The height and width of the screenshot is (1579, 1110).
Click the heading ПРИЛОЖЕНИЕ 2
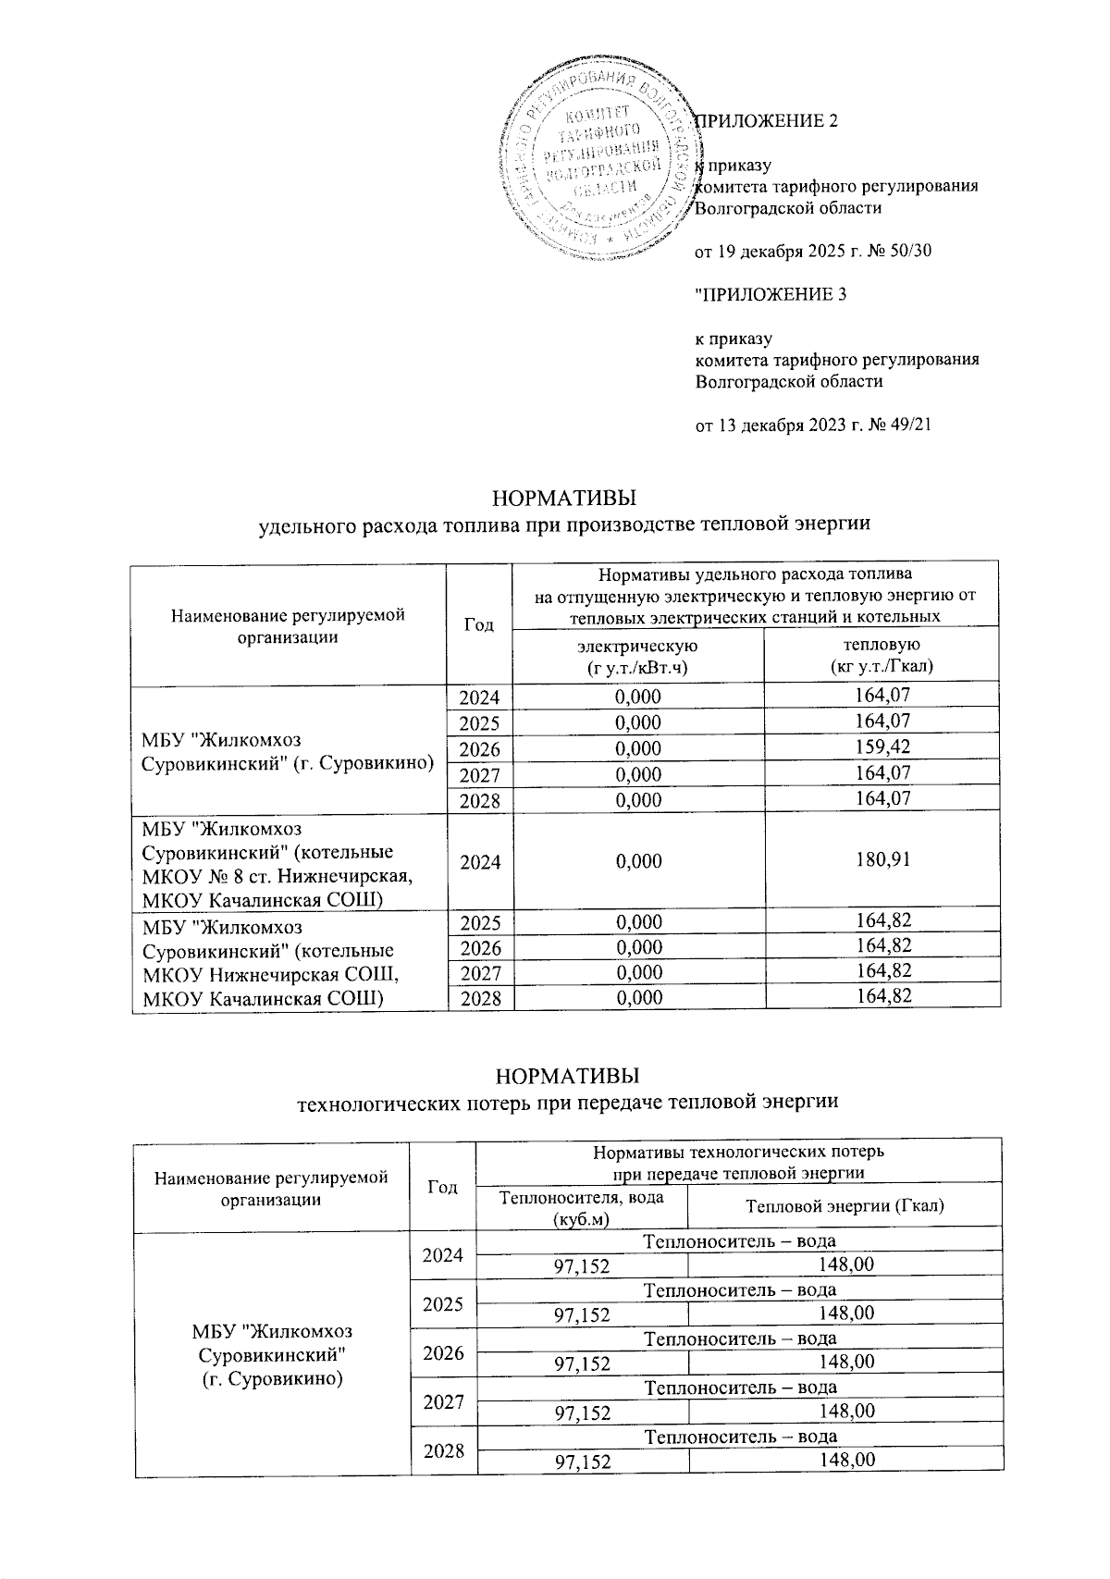click(x=767, y=120)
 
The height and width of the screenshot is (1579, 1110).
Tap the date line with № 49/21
click(x=812, y=426)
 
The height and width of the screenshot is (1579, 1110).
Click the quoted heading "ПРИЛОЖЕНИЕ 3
click(x=770, y=294)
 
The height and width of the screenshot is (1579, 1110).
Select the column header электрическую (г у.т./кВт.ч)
click(x=637, y=655)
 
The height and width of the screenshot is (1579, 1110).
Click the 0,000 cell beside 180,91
click(x=637, y=860)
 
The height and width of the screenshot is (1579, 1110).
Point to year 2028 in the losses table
click(x=442, y=1450)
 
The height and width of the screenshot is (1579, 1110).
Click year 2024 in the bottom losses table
click(x=442, y=1255)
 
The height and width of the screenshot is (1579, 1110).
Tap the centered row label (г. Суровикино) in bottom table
click(x=273, y=1378)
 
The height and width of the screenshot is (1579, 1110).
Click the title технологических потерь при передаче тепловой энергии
click(x=566, y=1102)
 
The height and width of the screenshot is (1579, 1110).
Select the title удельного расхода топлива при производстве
click(x=564, y=524)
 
